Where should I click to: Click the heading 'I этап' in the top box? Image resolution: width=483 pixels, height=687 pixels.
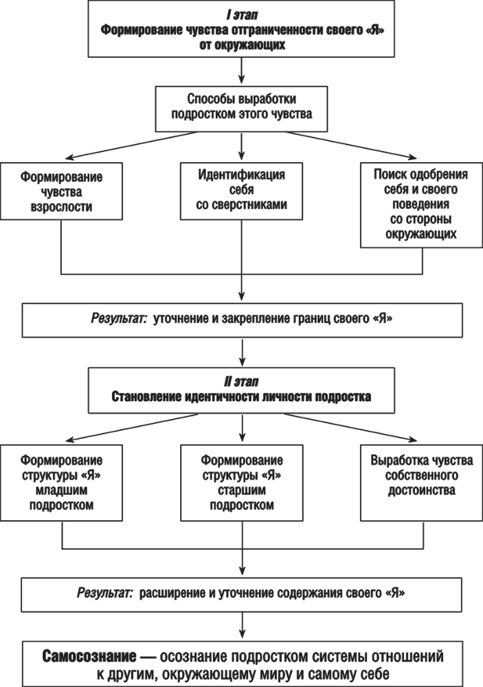[x=241, y=13]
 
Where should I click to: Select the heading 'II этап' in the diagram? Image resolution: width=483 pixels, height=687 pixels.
[x=241, y=382]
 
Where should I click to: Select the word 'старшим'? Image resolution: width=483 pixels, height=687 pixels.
[x=240, y=492]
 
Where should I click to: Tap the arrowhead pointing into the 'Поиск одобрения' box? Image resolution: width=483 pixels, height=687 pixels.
[x=412, y=157]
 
